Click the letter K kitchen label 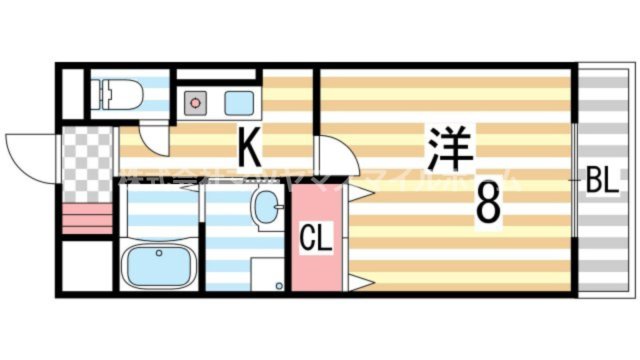point(250,151)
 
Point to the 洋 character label point(448,148)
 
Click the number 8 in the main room point(488,205)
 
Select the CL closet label point(317,240)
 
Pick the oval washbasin point(267,210)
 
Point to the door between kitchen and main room point(336,160)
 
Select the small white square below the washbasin point(267,273)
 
